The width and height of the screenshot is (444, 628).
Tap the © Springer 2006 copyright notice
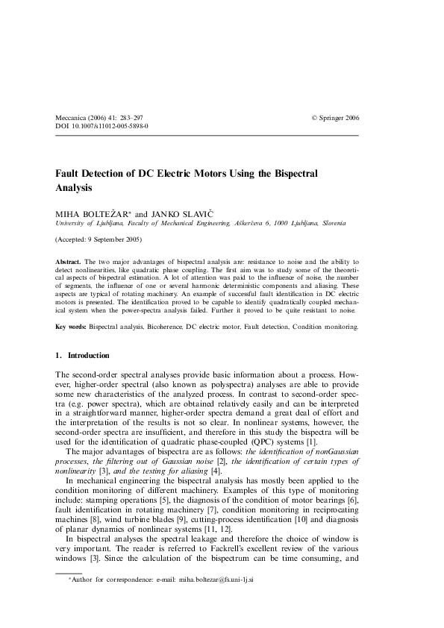(335, 118)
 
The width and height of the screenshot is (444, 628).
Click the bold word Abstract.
(69, 263)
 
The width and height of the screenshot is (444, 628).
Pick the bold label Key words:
(72, 327)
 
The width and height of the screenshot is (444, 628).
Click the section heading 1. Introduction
(83, 356)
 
